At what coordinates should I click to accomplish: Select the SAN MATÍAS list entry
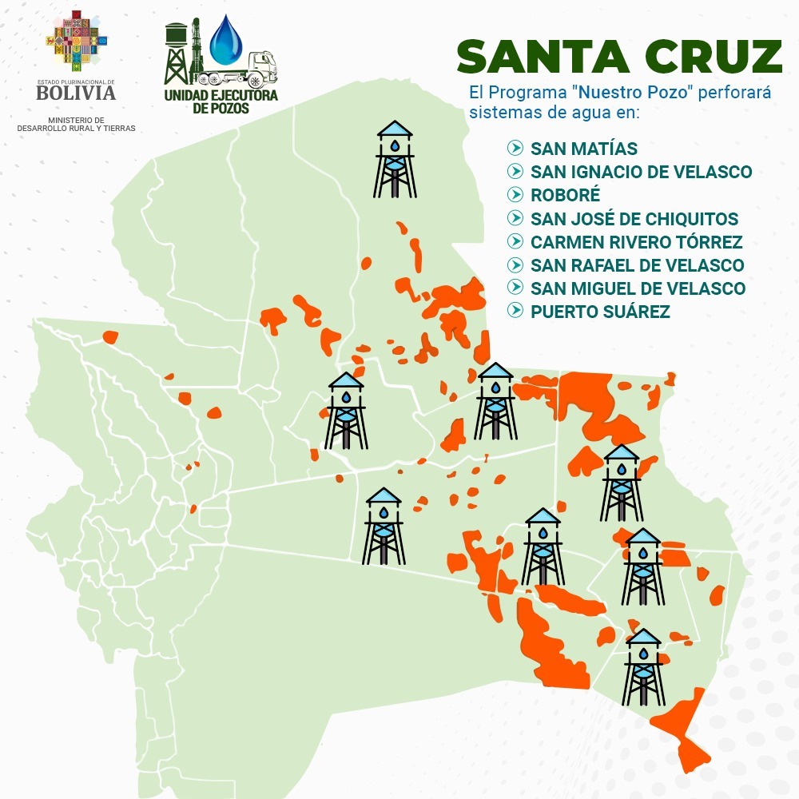pos(584,149)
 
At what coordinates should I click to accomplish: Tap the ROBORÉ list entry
pos(565,195)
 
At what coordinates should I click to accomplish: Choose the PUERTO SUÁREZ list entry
pos(600,312)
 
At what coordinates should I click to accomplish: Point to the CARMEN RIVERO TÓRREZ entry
pos(636,242)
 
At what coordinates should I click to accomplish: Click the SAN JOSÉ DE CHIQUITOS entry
pos(634,219)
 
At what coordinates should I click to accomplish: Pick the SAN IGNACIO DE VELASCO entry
pos(641,172)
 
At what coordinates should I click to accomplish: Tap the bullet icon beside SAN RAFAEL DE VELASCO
pos(515,265)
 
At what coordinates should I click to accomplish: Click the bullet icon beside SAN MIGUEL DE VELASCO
pos(515,288)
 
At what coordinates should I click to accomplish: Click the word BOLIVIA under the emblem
pos(76,93)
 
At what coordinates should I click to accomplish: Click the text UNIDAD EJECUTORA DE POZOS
pos(221,101)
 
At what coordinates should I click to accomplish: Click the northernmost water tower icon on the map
pos(395,159)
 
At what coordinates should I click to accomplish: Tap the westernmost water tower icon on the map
pos(346,411)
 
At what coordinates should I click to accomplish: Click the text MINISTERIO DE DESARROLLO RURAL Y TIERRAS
pos(76,124)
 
